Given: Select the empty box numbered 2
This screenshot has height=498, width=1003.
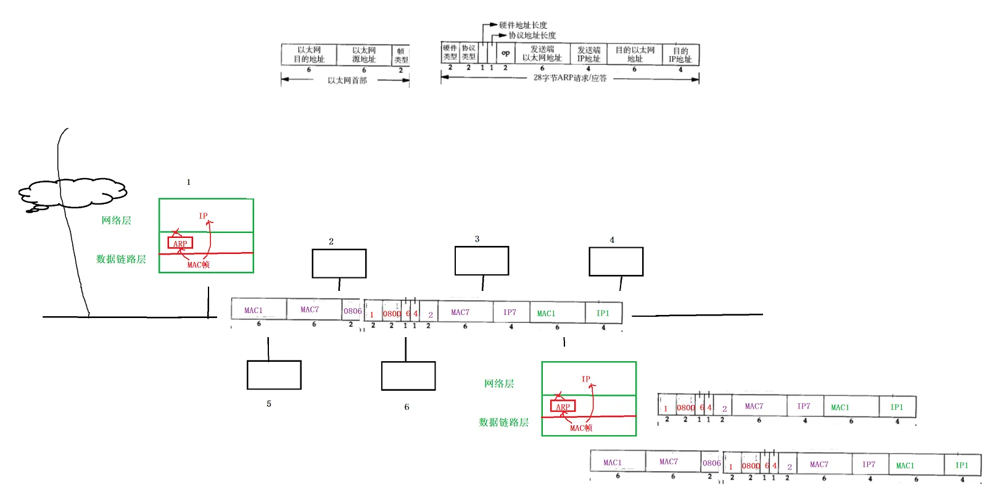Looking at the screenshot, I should (339, 264).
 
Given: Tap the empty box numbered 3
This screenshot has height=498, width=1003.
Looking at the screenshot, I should (482, 261).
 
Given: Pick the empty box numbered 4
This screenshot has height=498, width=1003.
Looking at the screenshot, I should (616, 262).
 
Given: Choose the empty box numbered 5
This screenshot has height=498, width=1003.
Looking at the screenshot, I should (274, 375).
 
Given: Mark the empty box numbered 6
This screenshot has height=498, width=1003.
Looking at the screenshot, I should (408, 376).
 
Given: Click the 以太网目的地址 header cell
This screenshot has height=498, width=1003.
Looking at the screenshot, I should (309, 55).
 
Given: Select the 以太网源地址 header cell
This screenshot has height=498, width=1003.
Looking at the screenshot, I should (364, 55).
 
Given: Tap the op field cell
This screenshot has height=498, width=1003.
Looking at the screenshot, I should (505, 53).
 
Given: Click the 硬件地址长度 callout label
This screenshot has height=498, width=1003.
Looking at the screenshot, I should (523, 25).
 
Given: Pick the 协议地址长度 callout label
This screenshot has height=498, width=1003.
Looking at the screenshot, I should (532, 35).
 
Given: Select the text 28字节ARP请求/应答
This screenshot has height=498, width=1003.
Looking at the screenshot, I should (570, 78).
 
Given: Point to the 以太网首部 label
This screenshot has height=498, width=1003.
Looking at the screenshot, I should (347, 80).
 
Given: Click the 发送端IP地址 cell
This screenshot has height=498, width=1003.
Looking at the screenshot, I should (588, 54).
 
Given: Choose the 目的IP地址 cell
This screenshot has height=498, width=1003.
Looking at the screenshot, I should (680, 55).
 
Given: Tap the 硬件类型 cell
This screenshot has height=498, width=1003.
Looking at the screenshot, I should (450, 52).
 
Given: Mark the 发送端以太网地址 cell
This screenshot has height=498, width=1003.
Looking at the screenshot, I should (542, 54).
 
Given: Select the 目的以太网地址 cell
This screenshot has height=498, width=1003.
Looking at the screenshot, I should (635, 54).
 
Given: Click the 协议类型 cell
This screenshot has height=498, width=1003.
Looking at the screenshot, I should (468, 52).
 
